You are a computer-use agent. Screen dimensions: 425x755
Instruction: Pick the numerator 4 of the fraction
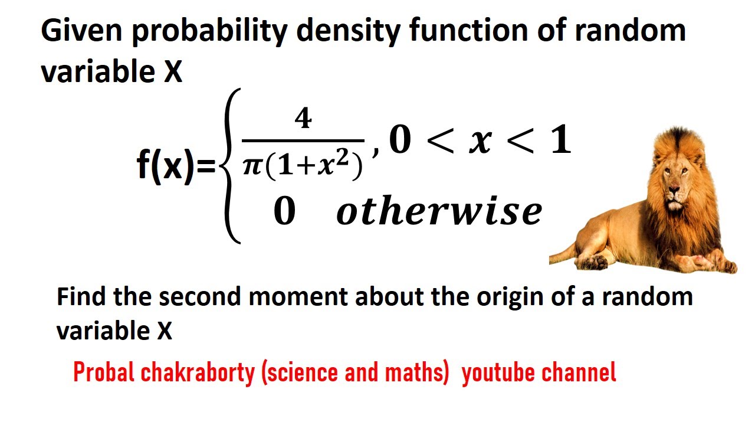tap(303, 120)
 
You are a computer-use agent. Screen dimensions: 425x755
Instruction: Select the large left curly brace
tap(230, 165)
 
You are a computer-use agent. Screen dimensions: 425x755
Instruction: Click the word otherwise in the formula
tap(439, 211)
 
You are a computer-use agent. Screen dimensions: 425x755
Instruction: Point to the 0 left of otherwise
tap(284, 212)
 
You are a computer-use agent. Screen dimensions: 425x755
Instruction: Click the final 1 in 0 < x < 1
tap(560, 141)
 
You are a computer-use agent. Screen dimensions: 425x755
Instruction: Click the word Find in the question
tap(82, 296)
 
